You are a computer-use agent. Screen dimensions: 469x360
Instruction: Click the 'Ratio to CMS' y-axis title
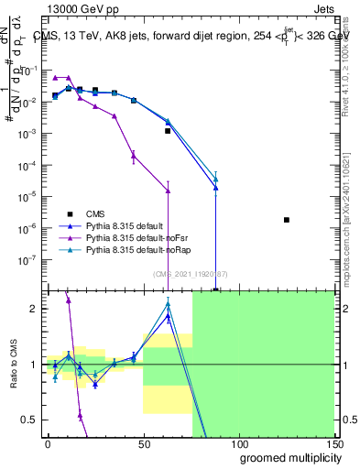coord(16,364)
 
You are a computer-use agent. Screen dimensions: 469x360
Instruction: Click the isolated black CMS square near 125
coord(287,220)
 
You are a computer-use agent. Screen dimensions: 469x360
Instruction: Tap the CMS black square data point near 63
coord(168,131)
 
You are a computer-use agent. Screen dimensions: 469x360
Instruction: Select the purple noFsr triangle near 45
coord(134,156)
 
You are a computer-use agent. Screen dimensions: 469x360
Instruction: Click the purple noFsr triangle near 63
coord(168,191)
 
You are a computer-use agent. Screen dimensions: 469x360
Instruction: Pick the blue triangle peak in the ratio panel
coord(168,317)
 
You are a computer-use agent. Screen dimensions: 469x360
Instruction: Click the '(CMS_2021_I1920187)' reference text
coord(190,273)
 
